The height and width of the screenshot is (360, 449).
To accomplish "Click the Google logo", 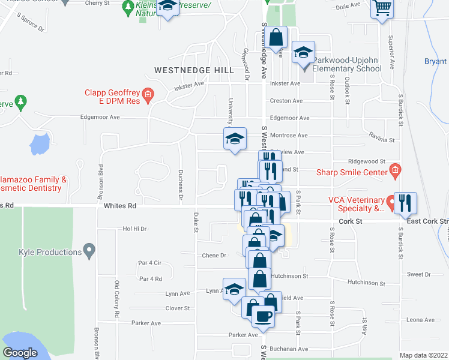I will (20, 353).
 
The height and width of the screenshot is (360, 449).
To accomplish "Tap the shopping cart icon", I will (382, 8).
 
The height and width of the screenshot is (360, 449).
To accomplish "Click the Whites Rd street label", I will (120, 206).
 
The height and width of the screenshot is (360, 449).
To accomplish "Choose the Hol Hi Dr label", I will (134, 229).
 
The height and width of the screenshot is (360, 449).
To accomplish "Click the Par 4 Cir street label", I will (150, 263).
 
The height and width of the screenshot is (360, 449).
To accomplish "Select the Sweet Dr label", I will (418, 274).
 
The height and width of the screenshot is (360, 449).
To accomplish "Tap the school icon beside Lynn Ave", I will (234, 288).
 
